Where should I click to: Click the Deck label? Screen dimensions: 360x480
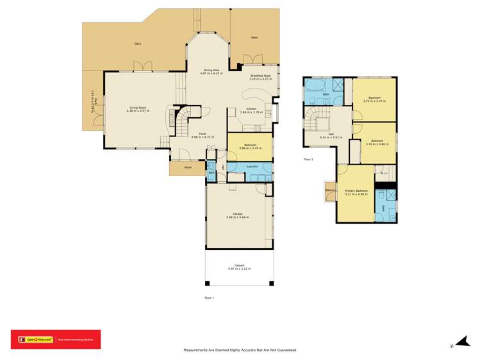pos(138,44)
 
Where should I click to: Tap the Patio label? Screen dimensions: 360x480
pos(254,38)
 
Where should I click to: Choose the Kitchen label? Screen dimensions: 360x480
pos(248,108)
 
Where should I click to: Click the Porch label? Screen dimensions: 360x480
pos(188,167)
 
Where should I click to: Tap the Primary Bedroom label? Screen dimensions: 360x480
pos(356,191)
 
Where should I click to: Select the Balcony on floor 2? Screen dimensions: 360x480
pos(331,190)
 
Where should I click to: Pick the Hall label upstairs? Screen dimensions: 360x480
pos(331,134)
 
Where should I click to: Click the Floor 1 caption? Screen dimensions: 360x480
pos(209,298)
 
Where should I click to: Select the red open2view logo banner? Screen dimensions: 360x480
pos(56,339)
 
